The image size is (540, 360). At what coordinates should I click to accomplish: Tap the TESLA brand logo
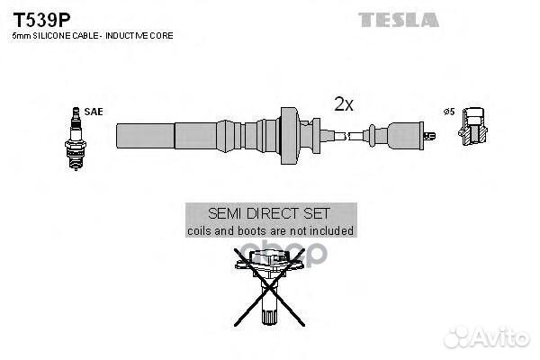click(x=399, y=19)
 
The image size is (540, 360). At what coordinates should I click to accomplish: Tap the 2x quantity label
click(x=343, y=104)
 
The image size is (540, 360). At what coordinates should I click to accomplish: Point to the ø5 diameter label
click(x=449, y=112)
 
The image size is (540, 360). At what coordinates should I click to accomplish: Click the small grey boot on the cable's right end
click(x=400, y=135)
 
